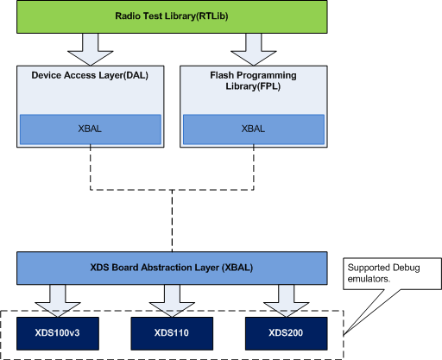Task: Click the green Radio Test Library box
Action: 172,16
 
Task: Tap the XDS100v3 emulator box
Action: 58,333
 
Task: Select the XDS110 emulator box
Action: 172,333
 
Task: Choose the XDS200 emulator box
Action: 286,333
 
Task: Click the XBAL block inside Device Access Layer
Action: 91,129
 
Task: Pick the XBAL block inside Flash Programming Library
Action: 254,129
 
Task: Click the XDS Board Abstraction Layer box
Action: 172,268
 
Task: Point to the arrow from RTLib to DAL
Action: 91,49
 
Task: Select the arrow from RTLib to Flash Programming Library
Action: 254,49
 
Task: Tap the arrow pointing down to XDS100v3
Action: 58,301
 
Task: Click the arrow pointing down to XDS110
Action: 172,301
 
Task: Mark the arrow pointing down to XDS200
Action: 286,301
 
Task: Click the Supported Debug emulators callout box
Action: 392,274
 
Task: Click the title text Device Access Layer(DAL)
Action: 90,75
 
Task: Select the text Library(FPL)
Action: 253,86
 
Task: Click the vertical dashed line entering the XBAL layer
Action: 172,221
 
